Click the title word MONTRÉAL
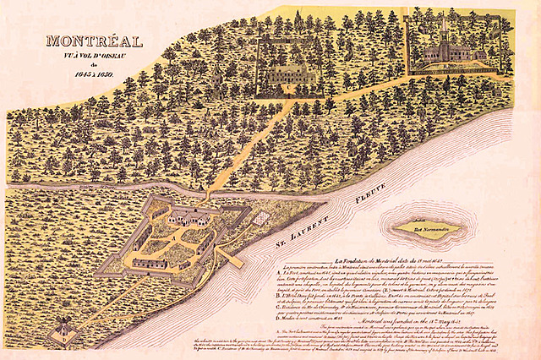[95, 40]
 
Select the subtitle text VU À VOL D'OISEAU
[94, 56]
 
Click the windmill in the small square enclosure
[64, 330]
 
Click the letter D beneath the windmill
[65, 345]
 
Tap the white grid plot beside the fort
[263, 218]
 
